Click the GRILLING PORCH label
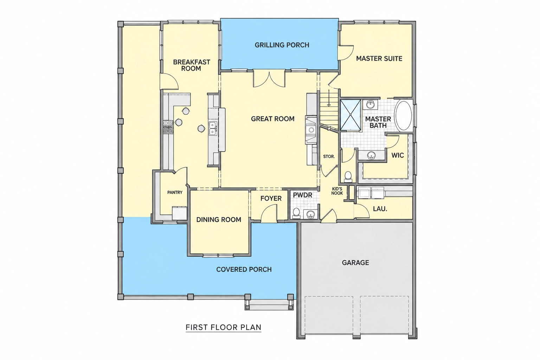pyautogui.click(x=282, y=45)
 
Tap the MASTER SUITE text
pyautogui.click(x=379, y=59)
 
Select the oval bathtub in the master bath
pyautogui.click(x=404, y=116)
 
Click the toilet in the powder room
pyautogui.click(x=296, y=213)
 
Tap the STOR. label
pyautogui.click(x=329, y=156)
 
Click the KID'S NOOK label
pyautogui.click(x=337, y=191)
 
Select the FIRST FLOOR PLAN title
pyautogui.click(x=224, y=327)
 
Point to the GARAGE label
pyautogui.click(x=355, y=263)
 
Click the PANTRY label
pyautogui.click(x=175, y=192)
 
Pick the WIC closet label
pyautogui.click(x=398, y=155)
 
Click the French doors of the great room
pyautogui.click(x=269, y=78)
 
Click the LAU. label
pyautogui.click(x=380, y=209)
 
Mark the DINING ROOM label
pyautogui.click(x=219, y=220)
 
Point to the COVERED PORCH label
pyautogui.click(x=244, y=270)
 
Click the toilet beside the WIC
pyautogui.click(x=348, y=176)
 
